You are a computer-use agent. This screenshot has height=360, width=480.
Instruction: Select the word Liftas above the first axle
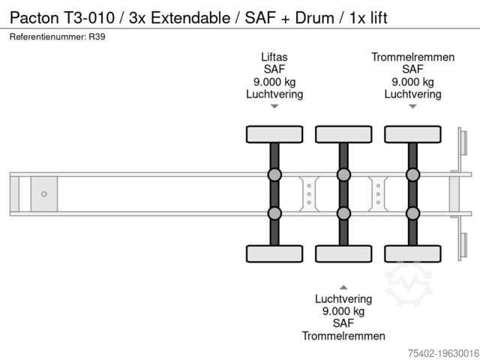click(274, 57)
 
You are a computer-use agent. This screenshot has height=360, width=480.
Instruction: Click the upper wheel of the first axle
click(274, 134)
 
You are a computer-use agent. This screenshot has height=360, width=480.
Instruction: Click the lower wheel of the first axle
click(274, 253)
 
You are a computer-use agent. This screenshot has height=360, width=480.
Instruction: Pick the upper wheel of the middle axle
click(343, 134)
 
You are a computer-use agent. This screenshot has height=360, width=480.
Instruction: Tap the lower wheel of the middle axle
click(343, 253)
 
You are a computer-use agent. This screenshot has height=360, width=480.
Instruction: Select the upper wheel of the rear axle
click(412, 134)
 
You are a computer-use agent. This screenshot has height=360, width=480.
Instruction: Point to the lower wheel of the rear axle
click(412, 253)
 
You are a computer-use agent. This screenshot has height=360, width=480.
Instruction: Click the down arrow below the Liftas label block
click(274, 106)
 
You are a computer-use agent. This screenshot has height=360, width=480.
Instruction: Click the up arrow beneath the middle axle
click(343, 286)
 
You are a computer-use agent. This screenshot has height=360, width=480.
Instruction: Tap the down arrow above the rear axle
click(412, 106)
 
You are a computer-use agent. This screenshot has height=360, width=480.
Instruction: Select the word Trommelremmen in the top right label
click(412, 57)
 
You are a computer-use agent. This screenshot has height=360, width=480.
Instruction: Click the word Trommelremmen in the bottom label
click(343, 336)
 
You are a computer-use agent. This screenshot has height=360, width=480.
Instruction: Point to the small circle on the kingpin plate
click(43, 194)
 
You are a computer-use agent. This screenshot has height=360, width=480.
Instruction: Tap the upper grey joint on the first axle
click(274, 175)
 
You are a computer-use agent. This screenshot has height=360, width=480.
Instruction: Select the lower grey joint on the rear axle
click(412, 213)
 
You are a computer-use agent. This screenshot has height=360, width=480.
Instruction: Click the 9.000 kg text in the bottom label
click(343, 310)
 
